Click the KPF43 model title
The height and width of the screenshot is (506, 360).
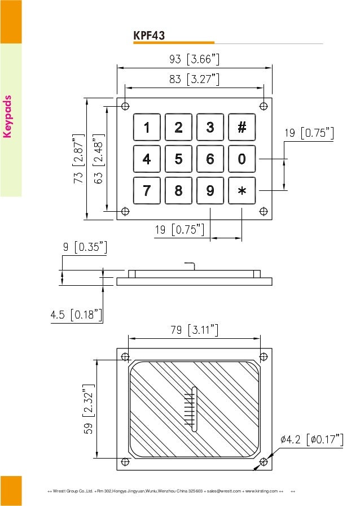(x=149, y=36)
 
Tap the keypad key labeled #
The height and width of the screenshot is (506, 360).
(x=242, y=128)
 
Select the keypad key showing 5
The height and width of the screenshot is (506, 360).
(x=178, y=159)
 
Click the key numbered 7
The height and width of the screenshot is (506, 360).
(x=147, y=191)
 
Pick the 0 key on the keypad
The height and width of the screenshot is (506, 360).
(x=242, y=159)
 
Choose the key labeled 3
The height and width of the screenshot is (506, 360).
(x=210, y=128)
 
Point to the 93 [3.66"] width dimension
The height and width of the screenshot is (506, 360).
(x=195, y=59)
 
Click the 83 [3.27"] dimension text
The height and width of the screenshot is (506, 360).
(x=195, y=80)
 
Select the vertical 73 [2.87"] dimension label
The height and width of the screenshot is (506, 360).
(x=78, y=159)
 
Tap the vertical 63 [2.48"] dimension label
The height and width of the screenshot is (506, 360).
(x=99, y=159)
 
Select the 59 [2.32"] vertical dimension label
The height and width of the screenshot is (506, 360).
(x=88, y=409)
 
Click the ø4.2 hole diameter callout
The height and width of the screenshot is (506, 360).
(x=311, y=439)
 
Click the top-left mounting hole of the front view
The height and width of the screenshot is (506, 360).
(x=125, y=106)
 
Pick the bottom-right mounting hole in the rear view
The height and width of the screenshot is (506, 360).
(x=264, y=461)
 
